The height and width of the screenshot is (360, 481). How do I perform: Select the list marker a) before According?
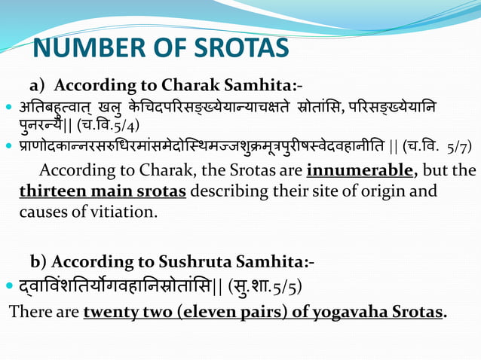pos(38,83)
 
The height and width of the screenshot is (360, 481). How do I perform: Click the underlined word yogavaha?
pos(351,311)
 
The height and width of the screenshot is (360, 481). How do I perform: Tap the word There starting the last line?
pos(27,311)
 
